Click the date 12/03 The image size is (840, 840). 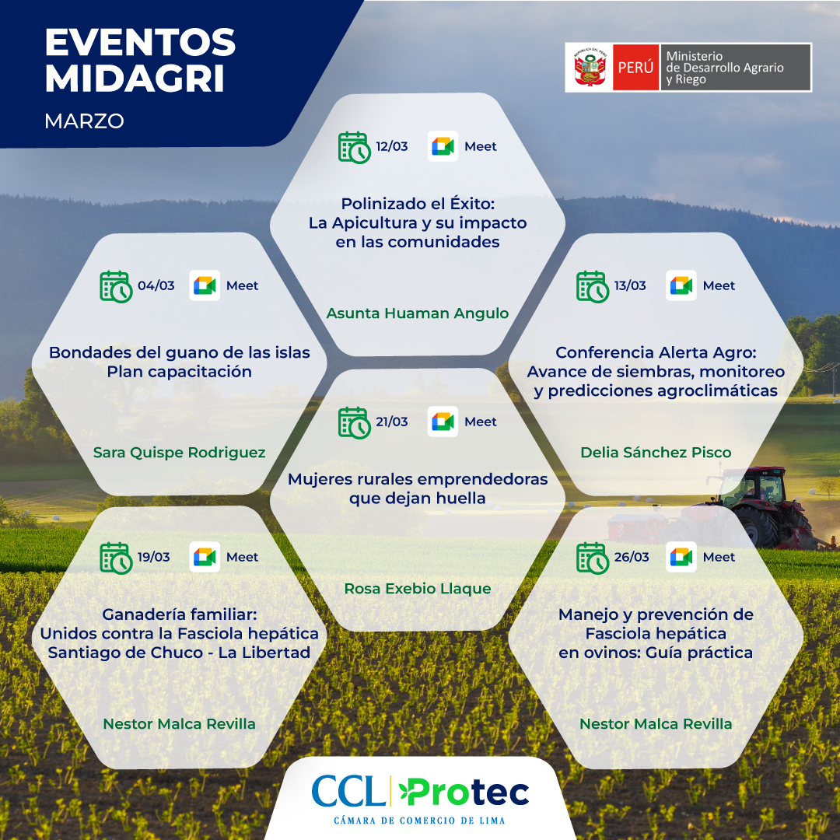click(x=391, y=146)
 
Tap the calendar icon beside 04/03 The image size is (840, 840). click(x=116, y=286)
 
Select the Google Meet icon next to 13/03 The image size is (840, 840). click(x=681, y=285)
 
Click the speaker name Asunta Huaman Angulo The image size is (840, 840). click(x=418, y=313)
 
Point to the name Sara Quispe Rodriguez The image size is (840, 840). click(x=179, y=453)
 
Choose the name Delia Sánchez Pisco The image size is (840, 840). click(x=656, y=452)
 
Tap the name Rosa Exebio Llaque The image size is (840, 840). click(x=418, y=588)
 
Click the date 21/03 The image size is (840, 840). click(x=391, y=422)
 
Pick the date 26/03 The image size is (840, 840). click(x=631, y=557)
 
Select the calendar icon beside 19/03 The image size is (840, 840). click(x=116, y=558)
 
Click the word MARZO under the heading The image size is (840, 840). click(x=84, y=121)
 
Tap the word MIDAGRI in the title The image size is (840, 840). click(x=135, y=79)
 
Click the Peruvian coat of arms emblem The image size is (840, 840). click(x=590, y=68)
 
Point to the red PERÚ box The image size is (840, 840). click(x=636, y=68)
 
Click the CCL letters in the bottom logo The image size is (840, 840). click(x=348, y=791)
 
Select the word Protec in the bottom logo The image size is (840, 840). click(x=464, y=792)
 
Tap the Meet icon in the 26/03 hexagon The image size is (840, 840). click(x=681, y=557)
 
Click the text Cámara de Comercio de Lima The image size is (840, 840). click(x=419, y=821)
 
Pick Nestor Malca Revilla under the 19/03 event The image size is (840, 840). click(x=179, y=724)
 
